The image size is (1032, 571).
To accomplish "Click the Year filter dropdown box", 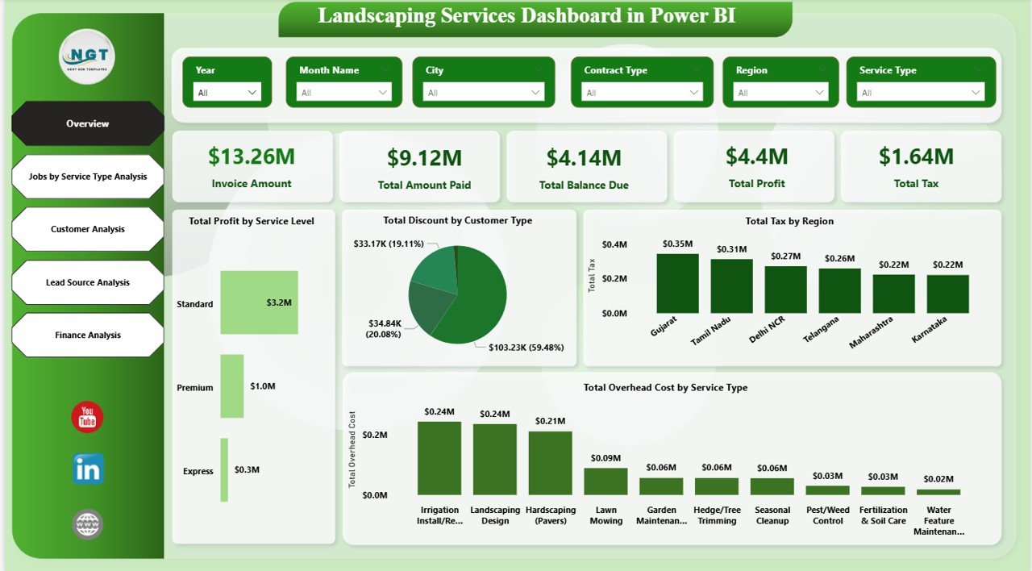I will (228, 93).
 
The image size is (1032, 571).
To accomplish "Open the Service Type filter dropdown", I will (920, 93).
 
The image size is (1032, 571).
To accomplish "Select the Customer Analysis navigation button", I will (88, 229).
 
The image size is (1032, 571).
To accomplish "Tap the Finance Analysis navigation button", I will (88, 335).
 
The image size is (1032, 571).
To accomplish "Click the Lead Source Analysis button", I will (88, 282).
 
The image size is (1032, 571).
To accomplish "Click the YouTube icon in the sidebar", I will (87, 417).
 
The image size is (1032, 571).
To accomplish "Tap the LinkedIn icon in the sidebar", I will (88, 469).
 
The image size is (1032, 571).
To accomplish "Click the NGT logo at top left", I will (87, 56).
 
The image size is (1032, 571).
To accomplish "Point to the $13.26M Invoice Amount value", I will (252, 156).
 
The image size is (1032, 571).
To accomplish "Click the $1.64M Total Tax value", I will (916, 156).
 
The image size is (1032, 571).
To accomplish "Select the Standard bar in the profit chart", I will (259, 302).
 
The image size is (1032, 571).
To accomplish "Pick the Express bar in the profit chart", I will (224, 469).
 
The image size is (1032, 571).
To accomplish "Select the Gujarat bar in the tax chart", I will (677, 283).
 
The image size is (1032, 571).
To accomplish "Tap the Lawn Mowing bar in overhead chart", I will (605, 481).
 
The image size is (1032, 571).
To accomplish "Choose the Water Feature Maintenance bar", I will (938, 491).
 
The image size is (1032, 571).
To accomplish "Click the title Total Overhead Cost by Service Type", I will (665, 388).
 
